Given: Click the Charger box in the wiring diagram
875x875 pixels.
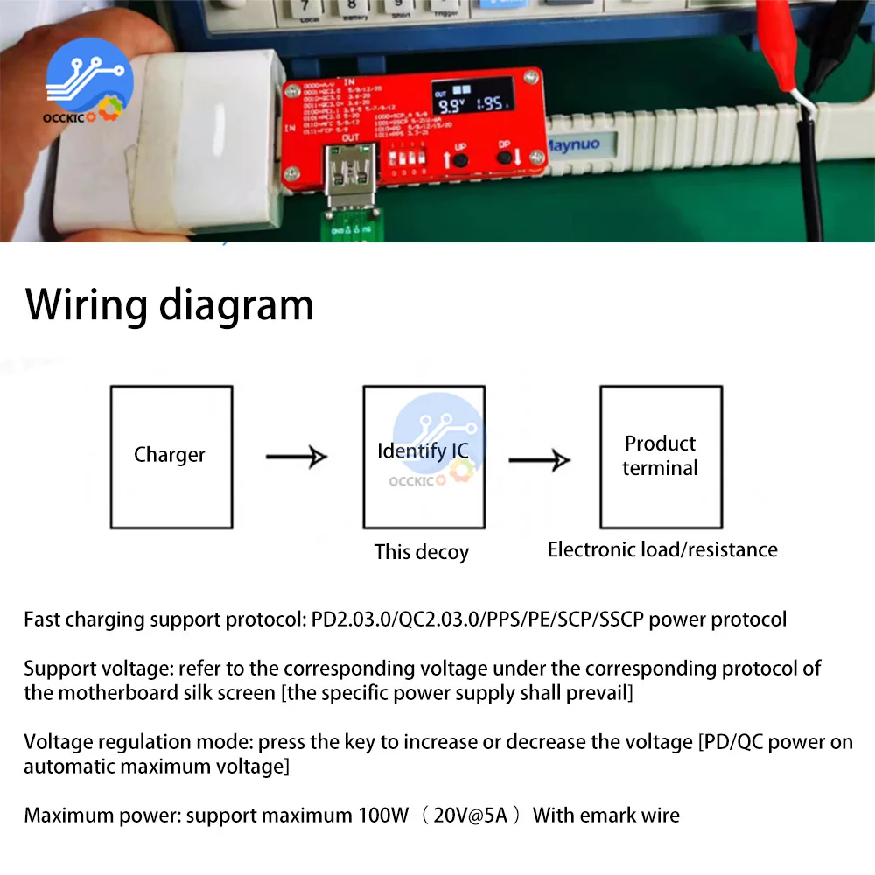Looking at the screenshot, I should (x=171, y=457).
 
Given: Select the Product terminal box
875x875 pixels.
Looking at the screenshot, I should (x=661, y=457).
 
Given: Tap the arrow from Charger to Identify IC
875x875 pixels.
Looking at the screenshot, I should (x=297, y=456).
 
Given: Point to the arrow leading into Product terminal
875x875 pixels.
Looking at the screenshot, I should (x=540, y=459).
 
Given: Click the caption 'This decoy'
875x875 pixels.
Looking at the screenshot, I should (x=422, y=552).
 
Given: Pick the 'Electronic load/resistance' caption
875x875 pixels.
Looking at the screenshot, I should (x=662, y=549).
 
